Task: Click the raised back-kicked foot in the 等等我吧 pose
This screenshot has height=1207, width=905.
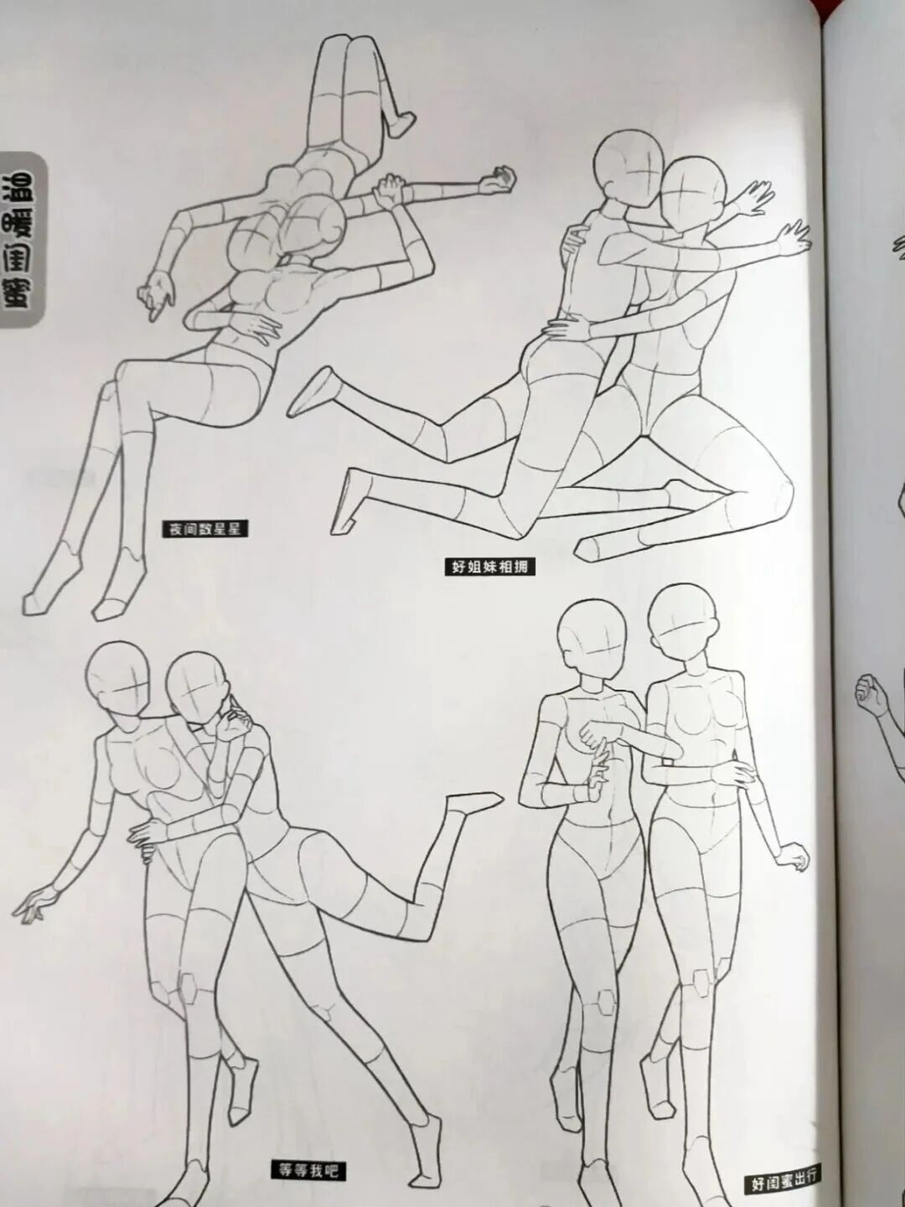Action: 473,803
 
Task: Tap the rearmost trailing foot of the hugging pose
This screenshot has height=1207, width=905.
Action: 314,391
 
